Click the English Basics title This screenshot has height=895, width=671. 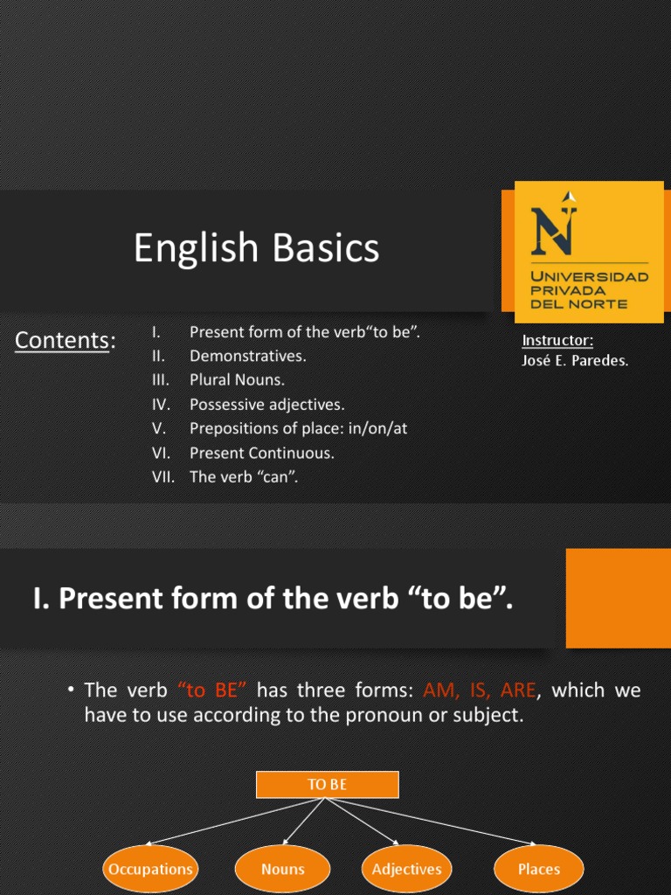[256, 248]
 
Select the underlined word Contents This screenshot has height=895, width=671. [61, 340]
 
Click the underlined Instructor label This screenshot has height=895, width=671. [557, 340]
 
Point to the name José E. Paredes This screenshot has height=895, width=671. [574, 360]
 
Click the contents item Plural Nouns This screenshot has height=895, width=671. [237, 380]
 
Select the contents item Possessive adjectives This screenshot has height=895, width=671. [266, 404]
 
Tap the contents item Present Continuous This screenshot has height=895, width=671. [261, 453]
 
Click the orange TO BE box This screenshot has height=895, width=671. [327, 784]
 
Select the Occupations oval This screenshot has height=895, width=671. [149, 869]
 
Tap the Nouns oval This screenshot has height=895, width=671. [282, 869]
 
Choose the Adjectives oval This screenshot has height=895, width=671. [406, 869]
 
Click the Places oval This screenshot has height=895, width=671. [538, 869]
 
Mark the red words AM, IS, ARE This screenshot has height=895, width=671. [479, 690]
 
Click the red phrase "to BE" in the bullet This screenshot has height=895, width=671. [213, 690]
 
